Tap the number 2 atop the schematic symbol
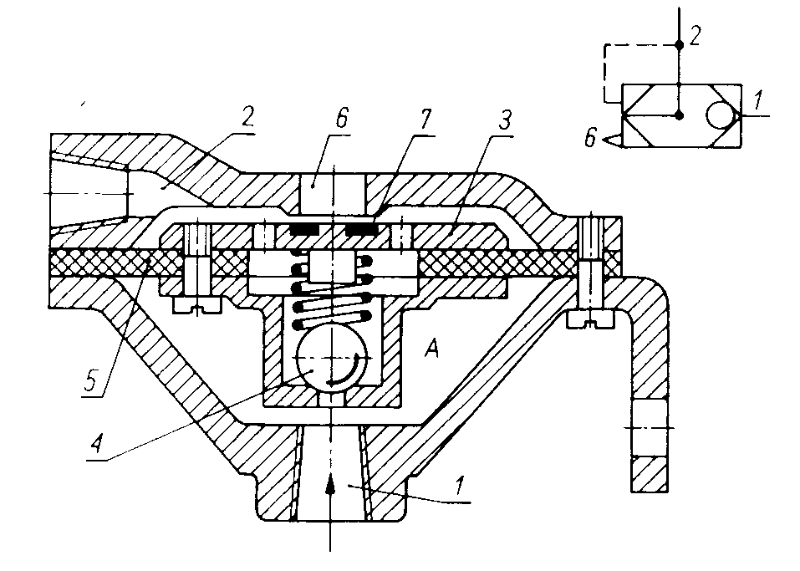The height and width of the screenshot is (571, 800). (x=695, y=35)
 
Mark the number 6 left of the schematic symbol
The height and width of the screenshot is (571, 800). (x=590, y=139)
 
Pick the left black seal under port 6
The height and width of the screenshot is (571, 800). (x=304, y=227)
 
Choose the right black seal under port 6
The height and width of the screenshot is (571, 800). (x=361, y=227)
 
